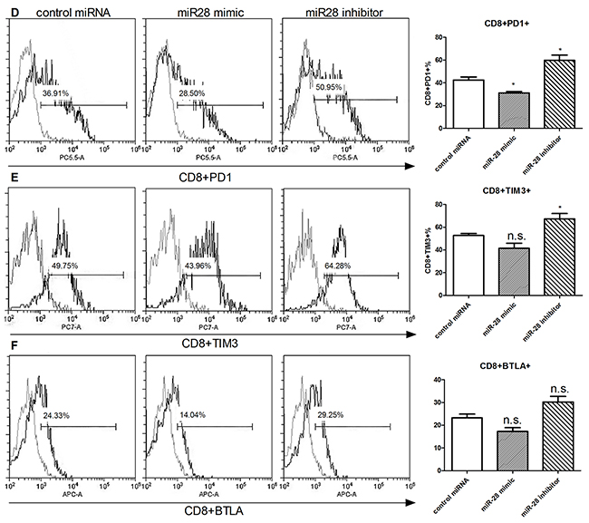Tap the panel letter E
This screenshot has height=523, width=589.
tap(8, 179)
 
